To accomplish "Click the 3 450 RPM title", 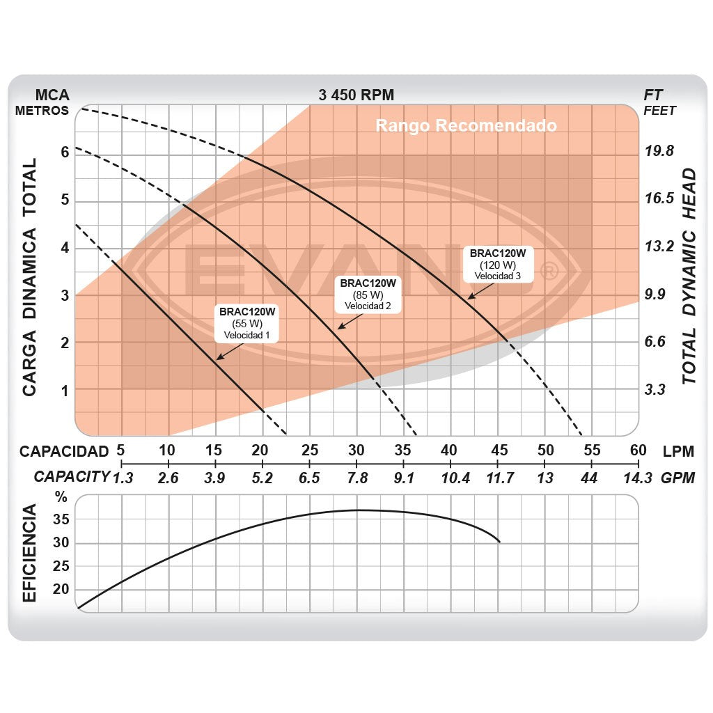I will coord(356,95).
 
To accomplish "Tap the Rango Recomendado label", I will coord(466,126).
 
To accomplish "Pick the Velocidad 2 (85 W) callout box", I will coord(368,294).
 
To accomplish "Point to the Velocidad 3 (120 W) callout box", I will coord(497,264).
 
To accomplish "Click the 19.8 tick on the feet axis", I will coord(659,152).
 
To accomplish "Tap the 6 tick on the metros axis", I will coord(65,152).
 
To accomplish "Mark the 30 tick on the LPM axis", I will coord(356,450).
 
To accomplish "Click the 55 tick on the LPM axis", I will coord(592,450).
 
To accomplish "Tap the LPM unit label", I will coord(678,451).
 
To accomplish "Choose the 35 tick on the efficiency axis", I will coord(62,519).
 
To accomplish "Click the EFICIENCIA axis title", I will coord(29,554).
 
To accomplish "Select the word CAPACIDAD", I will coord(64,451).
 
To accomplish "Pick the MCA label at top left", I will coord(52,95).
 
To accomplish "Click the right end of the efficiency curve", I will coord(499,541).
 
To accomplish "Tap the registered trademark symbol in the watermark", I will coord(549,271).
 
